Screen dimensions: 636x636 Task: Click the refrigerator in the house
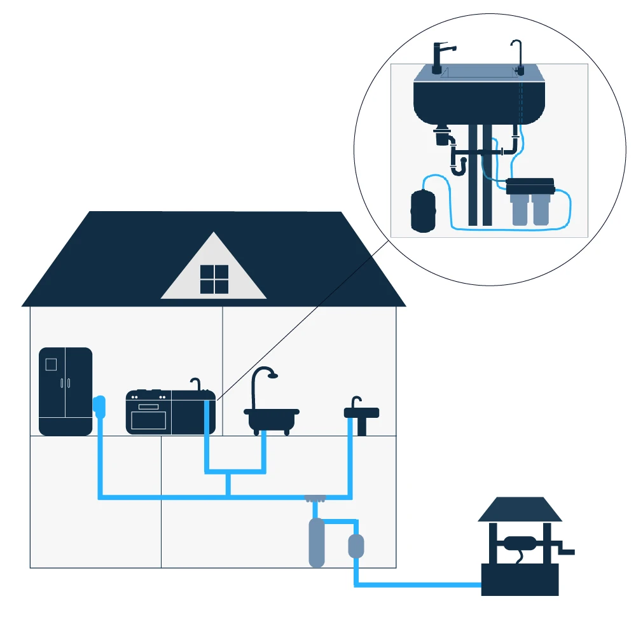(66, 391)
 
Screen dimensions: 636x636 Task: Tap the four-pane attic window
(214, 279)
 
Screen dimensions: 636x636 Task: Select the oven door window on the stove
(148, 419)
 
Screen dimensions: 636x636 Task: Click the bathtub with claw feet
(272, 419)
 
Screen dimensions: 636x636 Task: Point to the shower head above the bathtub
(272, 375)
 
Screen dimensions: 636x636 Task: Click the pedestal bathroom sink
(361, 417)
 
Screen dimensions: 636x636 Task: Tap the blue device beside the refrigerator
(99, 405)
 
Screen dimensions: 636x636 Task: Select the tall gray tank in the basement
(316, 542)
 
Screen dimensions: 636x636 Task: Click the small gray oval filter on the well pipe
(356, 546)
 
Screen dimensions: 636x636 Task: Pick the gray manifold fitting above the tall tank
(315, 497)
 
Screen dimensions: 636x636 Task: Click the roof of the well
(520, 509)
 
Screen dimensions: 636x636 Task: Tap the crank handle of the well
(566, 548)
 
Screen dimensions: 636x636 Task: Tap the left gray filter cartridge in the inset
(520, 211)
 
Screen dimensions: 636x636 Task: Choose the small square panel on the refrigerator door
(51, 364)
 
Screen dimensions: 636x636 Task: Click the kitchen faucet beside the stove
(197, 384)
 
